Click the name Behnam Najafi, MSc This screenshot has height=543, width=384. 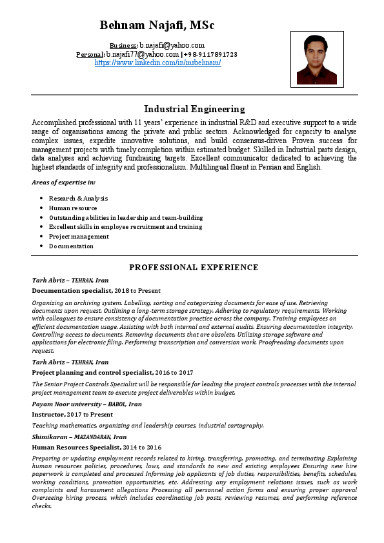(x=157, y=26)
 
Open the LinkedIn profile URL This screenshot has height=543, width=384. (x=157, y=63)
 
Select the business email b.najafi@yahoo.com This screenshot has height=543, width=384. (x=172, y=45)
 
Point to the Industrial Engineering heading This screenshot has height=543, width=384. (x=194, y=109)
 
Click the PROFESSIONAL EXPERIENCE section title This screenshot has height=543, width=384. (x=194, y=267)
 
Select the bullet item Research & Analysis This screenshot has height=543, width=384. (x=78, y=198)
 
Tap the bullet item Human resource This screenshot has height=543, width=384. (x=73, y=208)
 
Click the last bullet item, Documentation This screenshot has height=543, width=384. (x=71, y=246)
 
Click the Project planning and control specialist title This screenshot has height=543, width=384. (x=92, y=372)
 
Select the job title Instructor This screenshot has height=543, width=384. (x=48, y=414)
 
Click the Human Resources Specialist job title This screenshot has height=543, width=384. (x=76, y=447)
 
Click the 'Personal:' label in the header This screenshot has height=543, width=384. (x=90, y=55)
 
